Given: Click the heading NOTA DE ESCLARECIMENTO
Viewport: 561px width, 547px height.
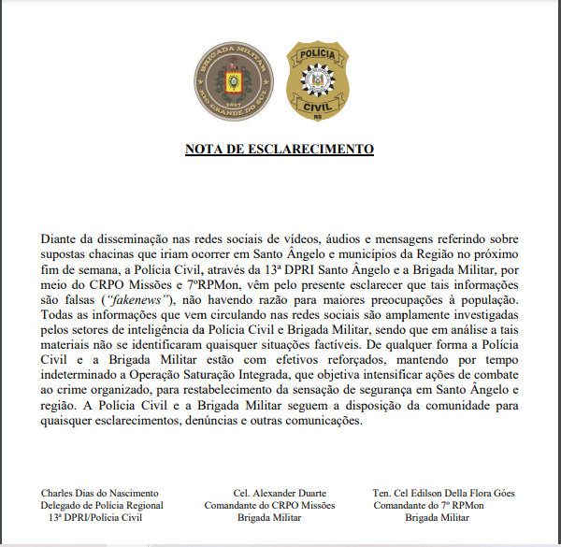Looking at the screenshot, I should pos(280,150).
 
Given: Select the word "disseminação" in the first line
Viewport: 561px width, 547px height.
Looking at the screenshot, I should pos(126,240).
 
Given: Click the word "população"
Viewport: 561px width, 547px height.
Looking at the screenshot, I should pos(484,299).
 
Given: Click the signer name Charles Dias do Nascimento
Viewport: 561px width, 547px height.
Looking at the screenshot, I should pos(100,493).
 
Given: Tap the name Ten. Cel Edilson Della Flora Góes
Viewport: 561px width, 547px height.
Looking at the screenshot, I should pos(444,493).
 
